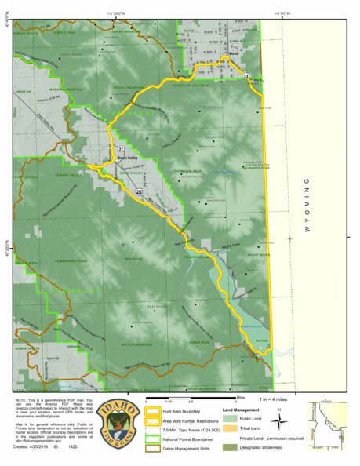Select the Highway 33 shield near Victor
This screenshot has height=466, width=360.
(246, 75)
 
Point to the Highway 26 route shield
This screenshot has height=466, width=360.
(139, 191)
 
